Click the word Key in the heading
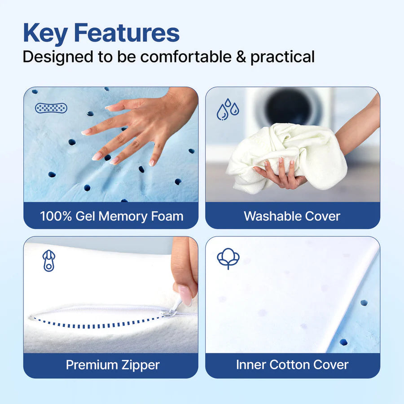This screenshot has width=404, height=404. [45, 33]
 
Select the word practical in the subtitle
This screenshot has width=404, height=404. [282, 57]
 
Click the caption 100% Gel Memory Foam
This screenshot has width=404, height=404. [111, 216]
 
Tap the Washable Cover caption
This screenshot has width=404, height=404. [292, 216]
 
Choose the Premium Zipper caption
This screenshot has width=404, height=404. [113, 365]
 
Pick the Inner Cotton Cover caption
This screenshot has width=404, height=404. [292, 365]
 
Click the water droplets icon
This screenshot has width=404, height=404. [228, 110]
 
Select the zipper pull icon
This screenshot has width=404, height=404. [48, 260]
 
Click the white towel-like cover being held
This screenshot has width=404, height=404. [287, 153]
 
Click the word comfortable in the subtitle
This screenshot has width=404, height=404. [176, 57]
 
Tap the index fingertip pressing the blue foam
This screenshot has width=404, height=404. [85, 132]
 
